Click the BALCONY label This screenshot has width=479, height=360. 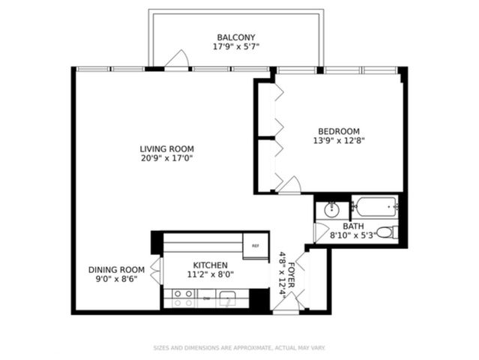(x=236, y=37)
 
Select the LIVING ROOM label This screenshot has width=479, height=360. (x=166, y=148)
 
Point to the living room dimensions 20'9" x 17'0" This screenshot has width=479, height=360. (x=166, y=158)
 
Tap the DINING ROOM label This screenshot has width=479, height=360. (x=116, y=270)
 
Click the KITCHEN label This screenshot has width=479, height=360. (x=211, y=265)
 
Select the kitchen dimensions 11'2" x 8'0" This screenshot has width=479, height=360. (x=211, y=275)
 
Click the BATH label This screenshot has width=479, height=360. (x=353, y=226)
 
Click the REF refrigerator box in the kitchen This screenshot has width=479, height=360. (x=256, y=246)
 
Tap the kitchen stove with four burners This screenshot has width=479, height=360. (x=183, y=298)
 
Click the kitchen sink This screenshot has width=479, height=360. (x=226, y=298)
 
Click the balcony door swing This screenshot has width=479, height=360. (x=177, y=60)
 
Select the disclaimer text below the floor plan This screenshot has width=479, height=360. (x=239, y=348)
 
